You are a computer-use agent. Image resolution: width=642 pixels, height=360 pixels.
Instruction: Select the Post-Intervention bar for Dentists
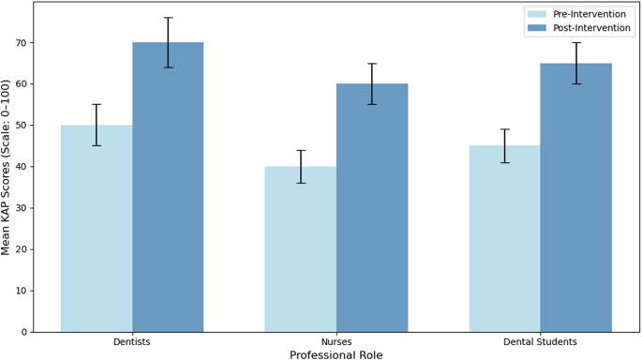tap(168, 187)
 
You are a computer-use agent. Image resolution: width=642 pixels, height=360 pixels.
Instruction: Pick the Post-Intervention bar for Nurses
tap(372, 207)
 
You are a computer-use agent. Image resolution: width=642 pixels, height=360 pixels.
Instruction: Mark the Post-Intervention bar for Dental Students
tap(575, 197)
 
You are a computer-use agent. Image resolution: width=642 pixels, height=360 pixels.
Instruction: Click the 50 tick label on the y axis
tap(22, 125)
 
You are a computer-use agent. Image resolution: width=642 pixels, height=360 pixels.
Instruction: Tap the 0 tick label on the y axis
tap(24, 332)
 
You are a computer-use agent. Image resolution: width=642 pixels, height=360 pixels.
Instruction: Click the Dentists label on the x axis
tap(132, 342)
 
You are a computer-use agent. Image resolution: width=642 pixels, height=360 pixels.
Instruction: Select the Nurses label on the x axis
tap(336, 342)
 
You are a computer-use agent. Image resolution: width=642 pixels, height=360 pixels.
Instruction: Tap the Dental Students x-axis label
tap(540, 342)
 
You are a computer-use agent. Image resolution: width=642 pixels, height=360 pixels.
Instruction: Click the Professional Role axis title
tap(336, 354)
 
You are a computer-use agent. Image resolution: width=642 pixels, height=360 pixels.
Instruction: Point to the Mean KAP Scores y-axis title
tap(7, 167)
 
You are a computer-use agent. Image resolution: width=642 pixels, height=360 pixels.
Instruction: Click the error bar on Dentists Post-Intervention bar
tap(168, 42)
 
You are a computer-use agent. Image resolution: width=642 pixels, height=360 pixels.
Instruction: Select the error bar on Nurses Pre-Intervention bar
tap(300, 166)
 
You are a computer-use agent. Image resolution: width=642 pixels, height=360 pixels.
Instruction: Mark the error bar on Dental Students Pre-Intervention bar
tap(504, 145)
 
